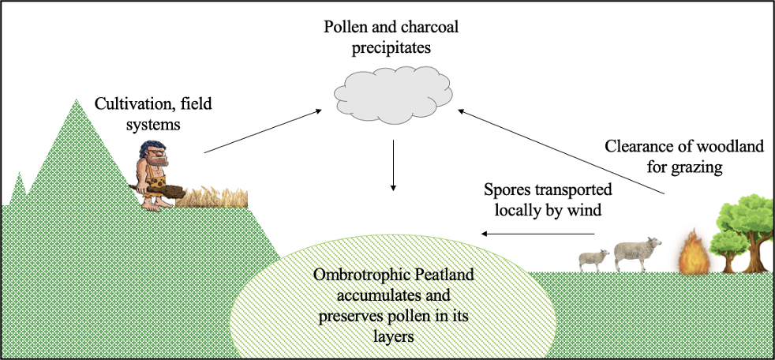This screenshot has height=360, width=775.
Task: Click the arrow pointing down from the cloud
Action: point(393,165)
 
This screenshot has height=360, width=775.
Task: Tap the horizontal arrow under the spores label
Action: point(539,234)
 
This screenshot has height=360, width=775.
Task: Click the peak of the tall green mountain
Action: point(77,100)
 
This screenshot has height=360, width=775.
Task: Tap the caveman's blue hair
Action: point(152,151)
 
